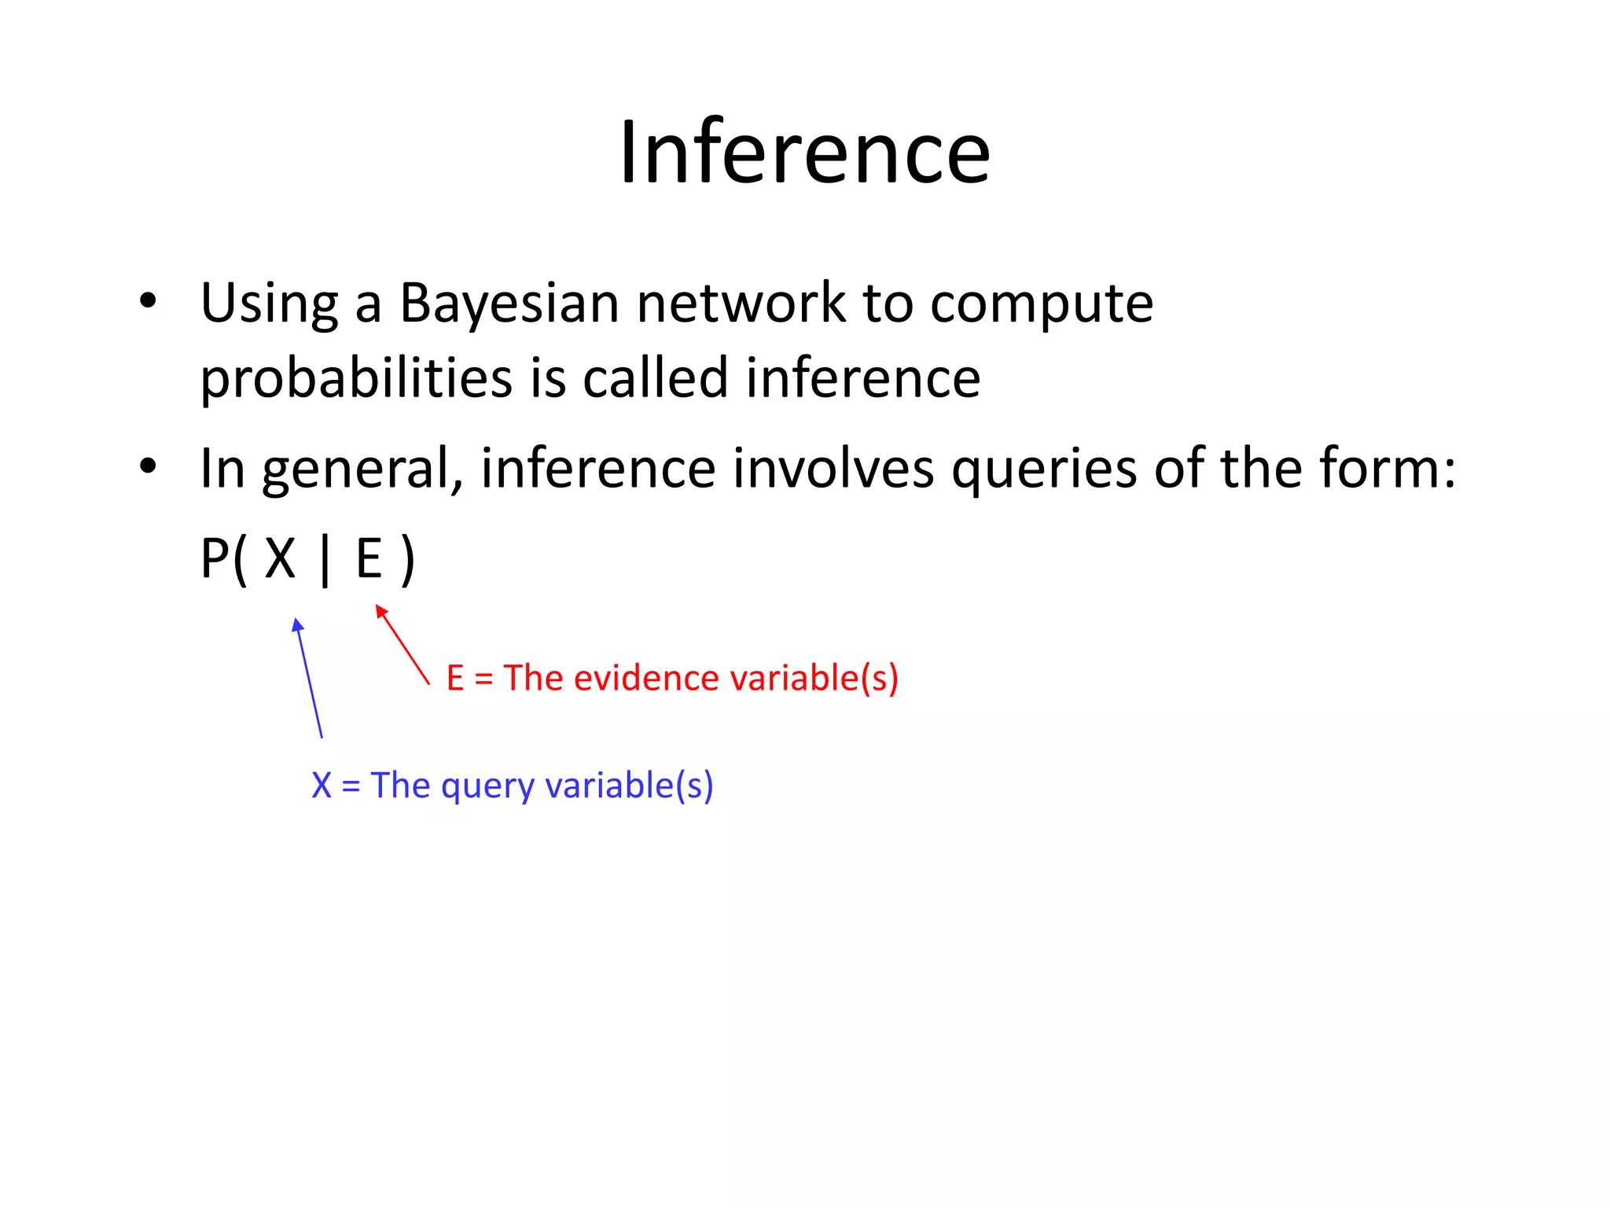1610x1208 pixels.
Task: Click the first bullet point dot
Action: (148, 300)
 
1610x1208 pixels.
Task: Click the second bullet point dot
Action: (148, 466)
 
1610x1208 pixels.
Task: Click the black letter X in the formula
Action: (280, 559)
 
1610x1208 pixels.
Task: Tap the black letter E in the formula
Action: (369, 559)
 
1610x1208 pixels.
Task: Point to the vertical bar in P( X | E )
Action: (325, 561)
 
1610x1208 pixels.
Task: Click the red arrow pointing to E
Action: (402, 644)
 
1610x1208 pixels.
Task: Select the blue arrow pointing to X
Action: (309, 678)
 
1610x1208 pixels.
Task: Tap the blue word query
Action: (487, 786)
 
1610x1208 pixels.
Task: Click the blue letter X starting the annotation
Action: (322, 786)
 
